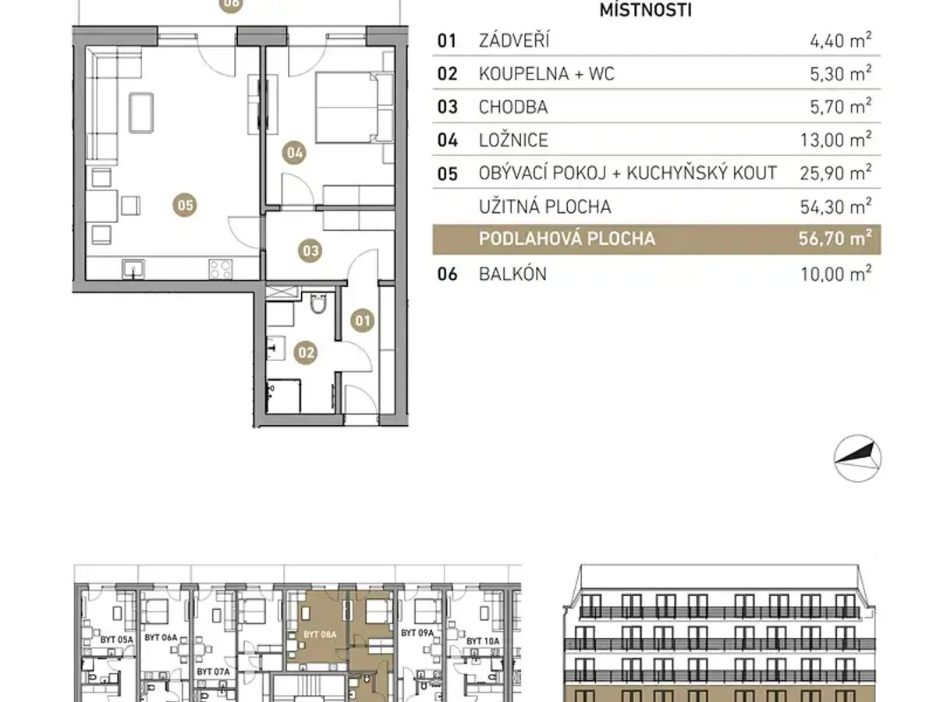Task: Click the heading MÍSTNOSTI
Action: tap(645, 10)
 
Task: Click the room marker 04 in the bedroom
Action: tap(294, 153)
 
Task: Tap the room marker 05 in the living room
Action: tap(185, 205)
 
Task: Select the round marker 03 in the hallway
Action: tap(310, 250)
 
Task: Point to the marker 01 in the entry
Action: tap(363, 321)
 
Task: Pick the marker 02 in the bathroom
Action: tap(306, 353)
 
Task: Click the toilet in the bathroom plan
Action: tap(318, 303)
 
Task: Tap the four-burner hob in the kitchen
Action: tap(221, 269)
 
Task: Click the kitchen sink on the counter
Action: tap(133, 269)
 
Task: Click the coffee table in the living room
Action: tap(141, 113)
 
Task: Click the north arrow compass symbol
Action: tap(857, 459)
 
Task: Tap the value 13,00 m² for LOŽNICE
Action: tap(835, 140)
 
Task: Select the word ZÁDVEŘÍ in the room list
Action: tap(514, 41)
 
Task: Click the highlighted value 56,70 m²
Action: tap(835, 238)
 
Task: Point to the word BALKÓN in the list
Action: tap(512, 274)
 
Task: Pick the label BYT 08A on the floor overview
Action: tap(320, 635)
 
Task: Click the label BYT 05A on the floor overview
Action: tap(117, 640)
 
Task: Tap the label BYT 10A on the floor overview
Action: tap(483, 641)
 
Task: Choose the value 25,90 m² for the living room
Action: tap(835, 173)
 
